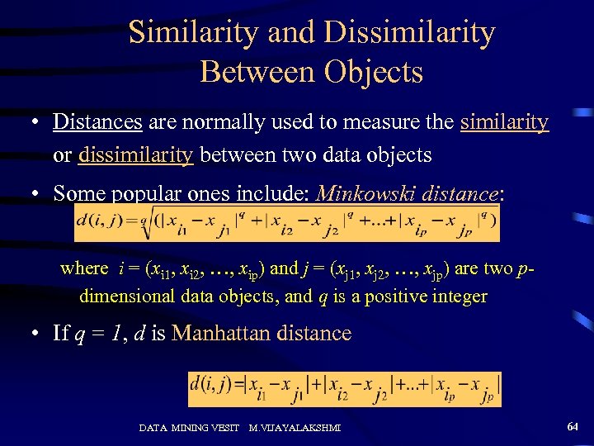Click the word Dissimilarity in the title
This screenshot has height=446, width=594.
pos(409,33)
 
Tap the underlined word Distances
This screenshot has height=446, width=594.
pos(97,122)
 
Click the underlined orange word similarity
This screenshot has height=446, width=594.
pos(504,122)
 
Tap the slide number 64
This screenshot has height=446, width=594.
pos(573,426)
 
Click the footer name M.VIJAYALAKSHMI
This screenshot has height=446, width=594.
pos(295,428)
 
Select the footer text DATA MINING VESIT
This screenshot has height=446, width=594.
pos(188,428)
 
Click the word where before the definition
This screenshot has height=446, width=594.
pos(84,268)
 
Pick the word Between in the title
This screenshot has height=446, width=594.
pos(249,72)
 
